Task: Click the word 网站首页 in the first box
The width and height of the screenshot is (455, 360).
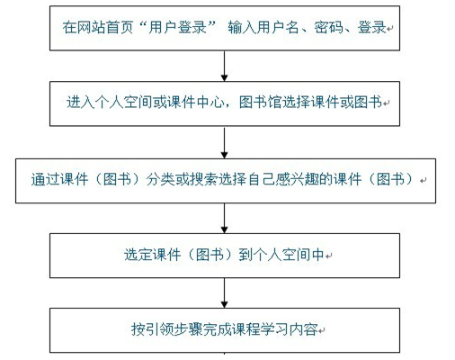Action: coord(105,28)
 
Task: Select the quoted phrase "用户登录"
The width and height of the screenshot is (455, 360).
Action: coord(178,28)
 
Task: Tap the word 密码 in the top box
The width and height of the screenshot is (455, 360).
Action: coord(328,28)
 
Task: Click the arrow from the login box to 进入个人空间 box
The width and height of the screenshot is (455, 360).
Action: coord(224,66)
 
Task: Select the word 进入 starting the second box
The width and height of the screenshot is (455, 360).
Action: coord(80,103)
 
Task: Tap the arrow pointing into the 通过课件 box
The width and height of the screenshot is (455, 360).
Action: coord(224,142)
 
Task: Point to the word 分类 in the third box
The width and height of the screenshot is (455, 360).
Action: coord(160,179)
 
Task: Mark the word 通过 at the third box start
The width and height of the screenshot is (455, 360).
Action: coord(45,179)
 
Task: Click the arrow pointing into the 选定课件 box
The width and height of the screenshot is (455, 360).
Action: coord(224,218)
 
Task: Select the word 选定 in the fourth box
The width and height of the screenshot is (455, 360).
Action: coord(138,255)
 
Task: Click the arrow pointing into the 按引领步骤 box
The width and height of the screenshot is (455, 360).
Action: coord(224,292)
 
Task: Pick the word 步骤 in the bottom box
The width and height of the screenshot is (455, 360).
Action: coord(189,329)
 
